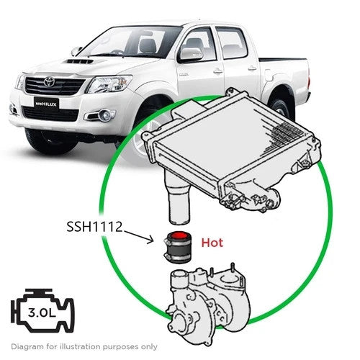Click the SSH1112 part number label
(94, 227)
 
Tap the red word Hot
(212, 243)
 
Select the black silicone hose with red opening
(178, 247)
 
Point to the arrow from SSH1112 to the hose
(138, 237)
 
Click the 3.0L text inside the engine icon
(42, 312)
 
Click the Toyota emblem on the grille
(50, 82)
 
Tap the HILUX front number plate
(46, 104)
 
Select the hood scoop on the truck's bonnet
(80, 61)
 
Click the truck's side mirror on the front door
(190, 55)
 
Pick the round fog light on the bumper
(105, 115)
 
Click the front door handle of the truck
(218, 71)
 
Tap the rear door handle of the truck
(252, 68)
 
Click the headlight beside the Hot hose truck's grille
(109, 84)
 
